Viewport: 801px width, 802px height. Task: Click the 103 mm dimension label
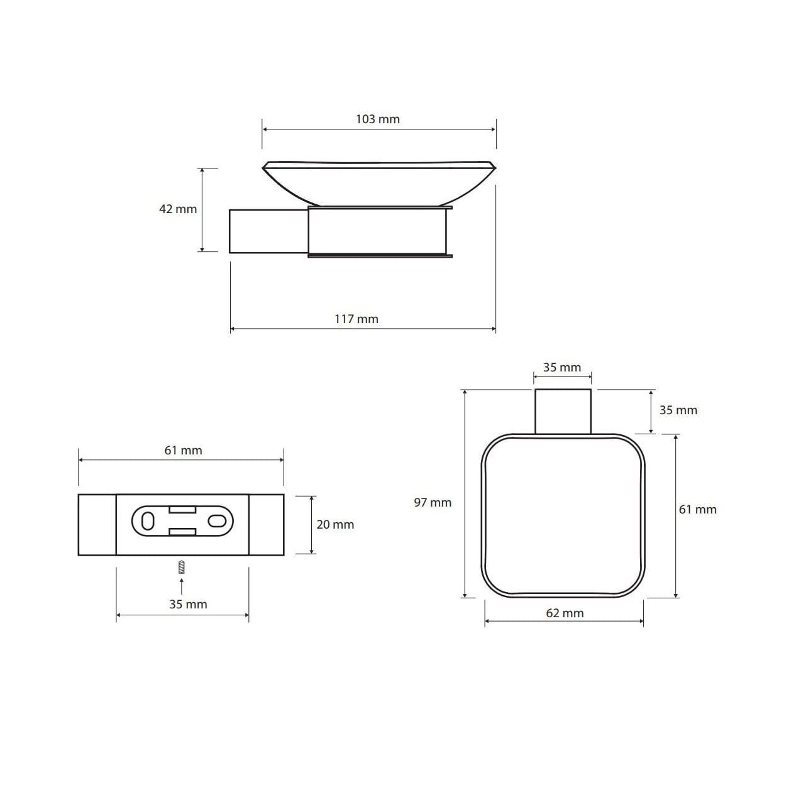pyautogui.click(x=377, y=119)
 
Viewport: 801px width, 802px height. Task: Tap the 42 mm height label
pyautogui.click(x=178, y=209)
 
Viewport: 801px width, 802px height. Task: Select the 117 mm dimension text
pyautogui.click(x=356, y=319)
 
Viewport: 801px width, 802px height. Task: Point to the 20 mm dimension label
pyautogui.click(x=335, y=524)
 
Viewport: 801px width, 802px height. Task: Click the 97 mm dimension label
pyautogui.click(x=433, y=502)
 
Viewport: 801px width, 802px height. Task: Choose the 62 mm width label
pyautogui.click(x=565, y=613)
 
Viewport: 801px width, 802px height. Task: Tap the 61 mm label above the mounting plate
pyautogui.click(x=183, y=450)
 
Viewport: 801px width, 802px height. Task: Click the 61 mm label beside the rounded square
pyautogui.click(x=698, y=509)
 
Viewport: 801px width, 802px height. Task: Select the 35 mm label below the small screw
pyautogui.click(x=188, y=604)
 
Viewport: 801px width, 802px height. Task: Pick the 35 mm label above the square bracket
pyautogui.click(x=562, y=368)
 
